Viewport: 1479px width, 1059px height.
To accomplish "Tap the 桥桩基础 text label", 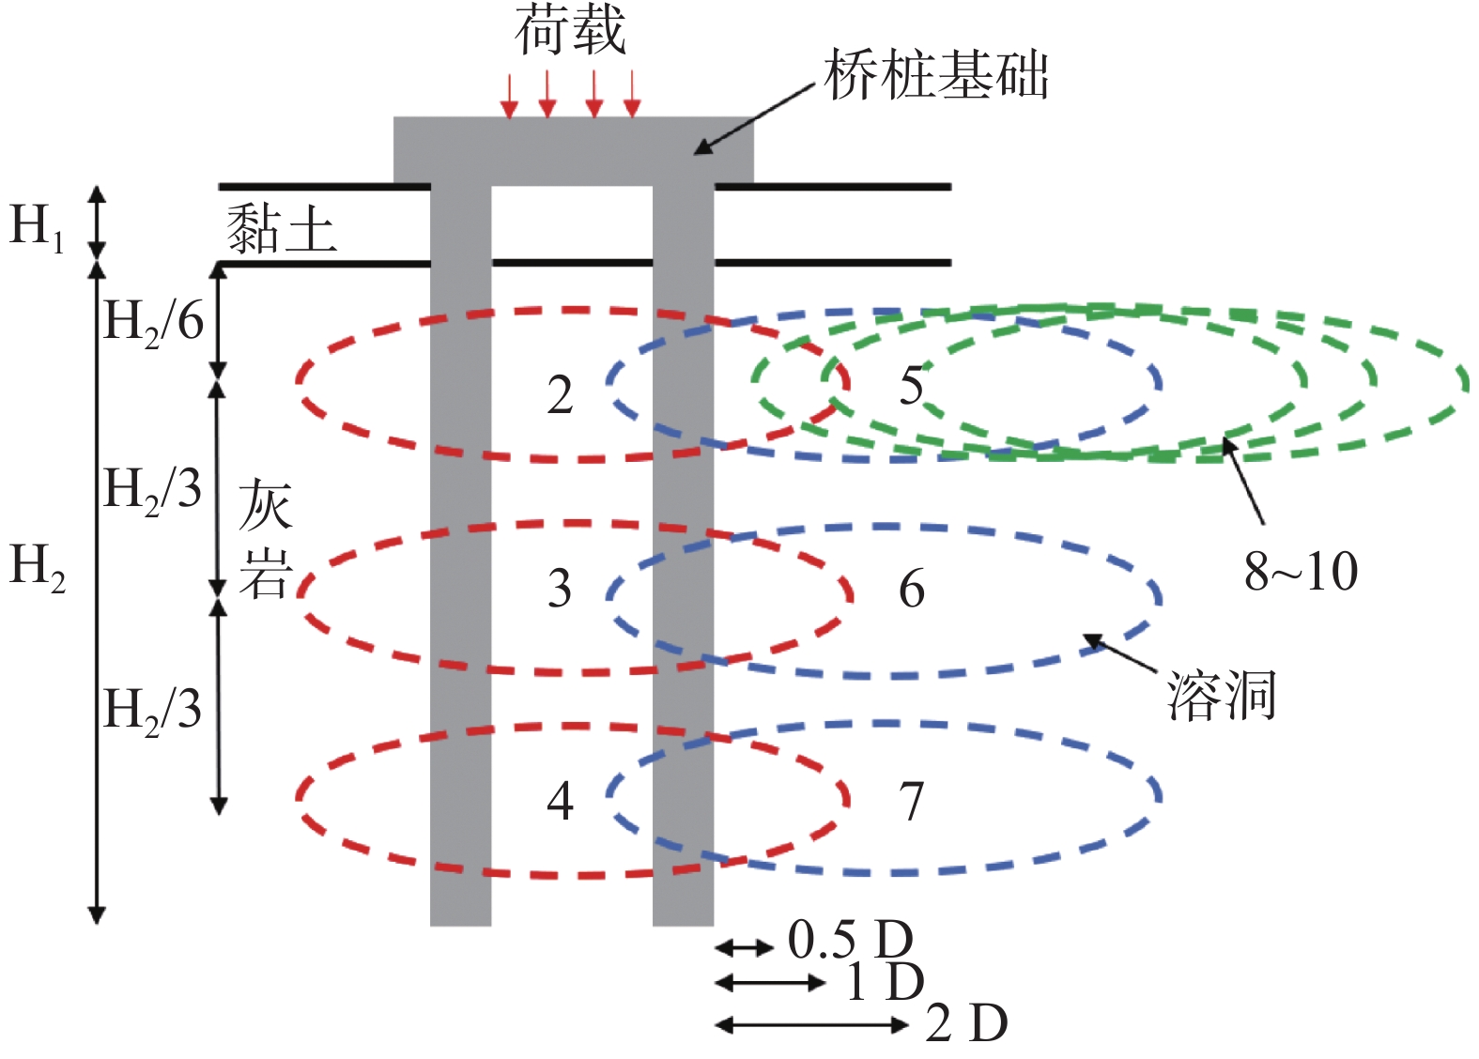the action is pyautogui.click(x=936, y=75).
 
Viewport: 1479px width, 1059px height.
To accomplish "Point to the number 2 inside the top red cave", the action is pyautogui.click(x=560, y=396).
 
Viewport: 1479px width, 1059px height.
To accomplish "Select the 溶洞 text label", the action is pyautogui.click(x=1221, y=696).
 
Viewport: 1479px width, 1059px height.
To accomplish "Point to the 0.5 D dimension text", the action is pyautogui.click(x=851, y=940).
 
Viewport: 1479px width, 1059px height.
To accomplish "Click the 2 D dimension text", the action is pyautogui.click(x=966, y=1024).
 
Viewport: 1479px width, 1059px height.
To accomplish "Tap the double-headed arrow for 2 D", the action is pyautogui.click(x=812, y=1025).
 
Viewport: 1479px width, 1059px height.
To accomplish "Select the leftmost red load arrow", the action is pyautogui.click(x=508, y=97).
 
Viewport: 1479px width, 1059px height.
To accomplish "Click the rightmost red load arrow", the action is pyautogui.click(x=633, y=95).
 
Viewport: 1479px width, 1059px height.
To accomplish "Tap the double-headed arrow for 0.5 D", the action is pyautogui.click(x=745, y=949).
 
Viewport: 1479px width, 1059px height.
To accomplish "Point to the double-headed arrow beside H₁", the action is pyautogui.click(x=97, y=223).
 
